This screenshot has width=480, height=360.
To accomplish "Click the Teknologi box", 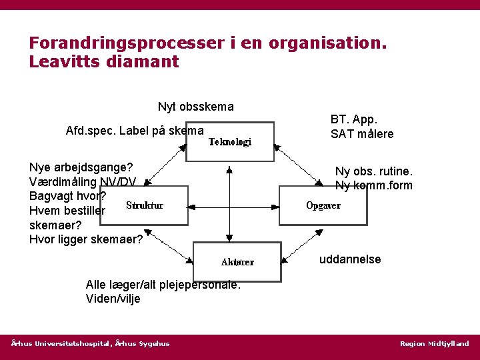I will tap(229, 142).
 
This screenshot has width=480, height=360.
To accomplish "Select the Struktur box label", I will tap(145, 205).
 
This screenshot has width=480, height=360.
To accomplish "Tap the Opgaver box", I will tap(323, 205).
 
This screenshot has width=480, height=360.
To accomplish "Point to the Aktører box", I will tap(237, 262).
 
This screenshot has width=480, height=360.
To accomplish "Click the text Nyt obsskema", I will tap(195, 107).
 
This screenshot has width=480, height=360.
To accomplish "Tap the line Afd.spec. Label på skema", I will tap(135, 131).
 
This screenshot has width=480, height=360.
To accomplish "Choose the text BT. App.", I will tap(354, 120).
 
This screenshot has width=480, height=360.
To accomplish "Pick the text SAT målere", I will tap(362, 134).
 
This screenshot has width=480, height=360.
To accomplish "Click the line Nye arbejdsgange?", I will tap(81, 167).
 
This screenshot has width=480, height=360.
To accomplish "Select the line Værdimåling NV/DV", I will tap(83, 182).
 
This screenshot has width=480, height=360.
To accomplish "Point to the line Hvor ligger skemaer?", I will tap(86, 239).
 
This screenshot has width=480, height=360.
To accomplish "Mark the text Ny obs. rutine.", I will tap(373, 171).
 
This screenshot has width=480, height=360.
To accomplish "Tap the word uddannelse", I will tap(350, 259).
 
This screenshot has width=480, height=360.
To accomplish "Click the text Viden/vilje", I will tap(113, 299).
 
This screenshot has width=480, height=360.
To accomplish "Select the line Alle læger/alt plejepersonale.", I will tap(163, 285).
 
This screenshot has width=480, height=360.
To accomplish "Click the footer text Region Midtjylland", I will tap(434, 344).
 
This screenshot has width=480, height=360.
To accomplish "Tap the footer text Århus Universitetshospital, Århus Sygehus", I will tap(91, 344).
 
